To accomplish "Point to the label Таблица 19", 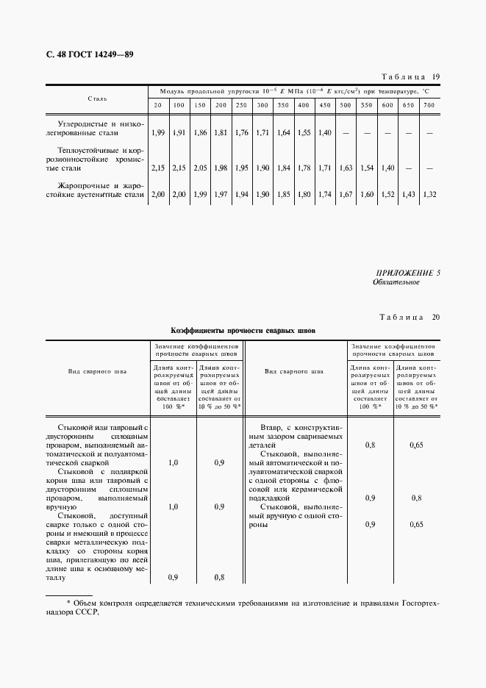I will [412, 77].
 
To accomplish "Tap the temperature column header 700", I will [429, 106].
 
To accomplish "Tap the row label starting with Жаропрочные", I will [97, 189].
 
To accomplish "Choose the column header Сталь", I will [97, 98].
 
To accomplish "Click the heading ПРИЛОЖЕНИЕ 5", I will [406, 273].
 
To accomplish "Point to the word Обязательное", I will [396, 282].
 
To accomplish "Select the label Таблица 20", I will [410, 318].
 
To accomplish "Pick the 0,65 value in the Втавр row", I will [416, 445].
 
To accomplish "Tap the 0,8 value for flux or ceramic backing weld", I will [416, 498].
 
